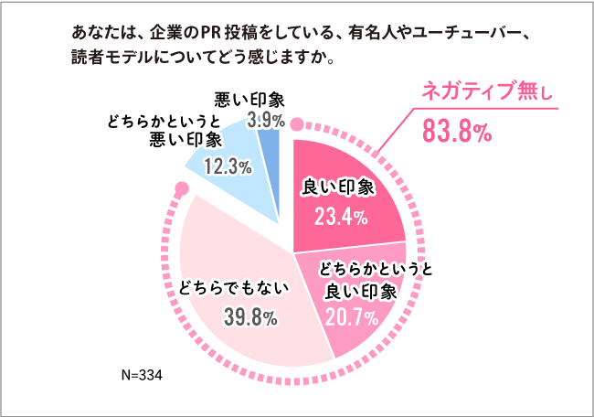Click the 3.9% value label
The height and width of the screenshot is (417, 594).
click(268, 120)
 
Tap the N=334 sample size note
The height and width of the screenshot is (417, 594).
click(142, 375)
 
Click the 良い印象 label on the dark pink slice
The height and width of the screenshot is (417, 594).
click(338, 187)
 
